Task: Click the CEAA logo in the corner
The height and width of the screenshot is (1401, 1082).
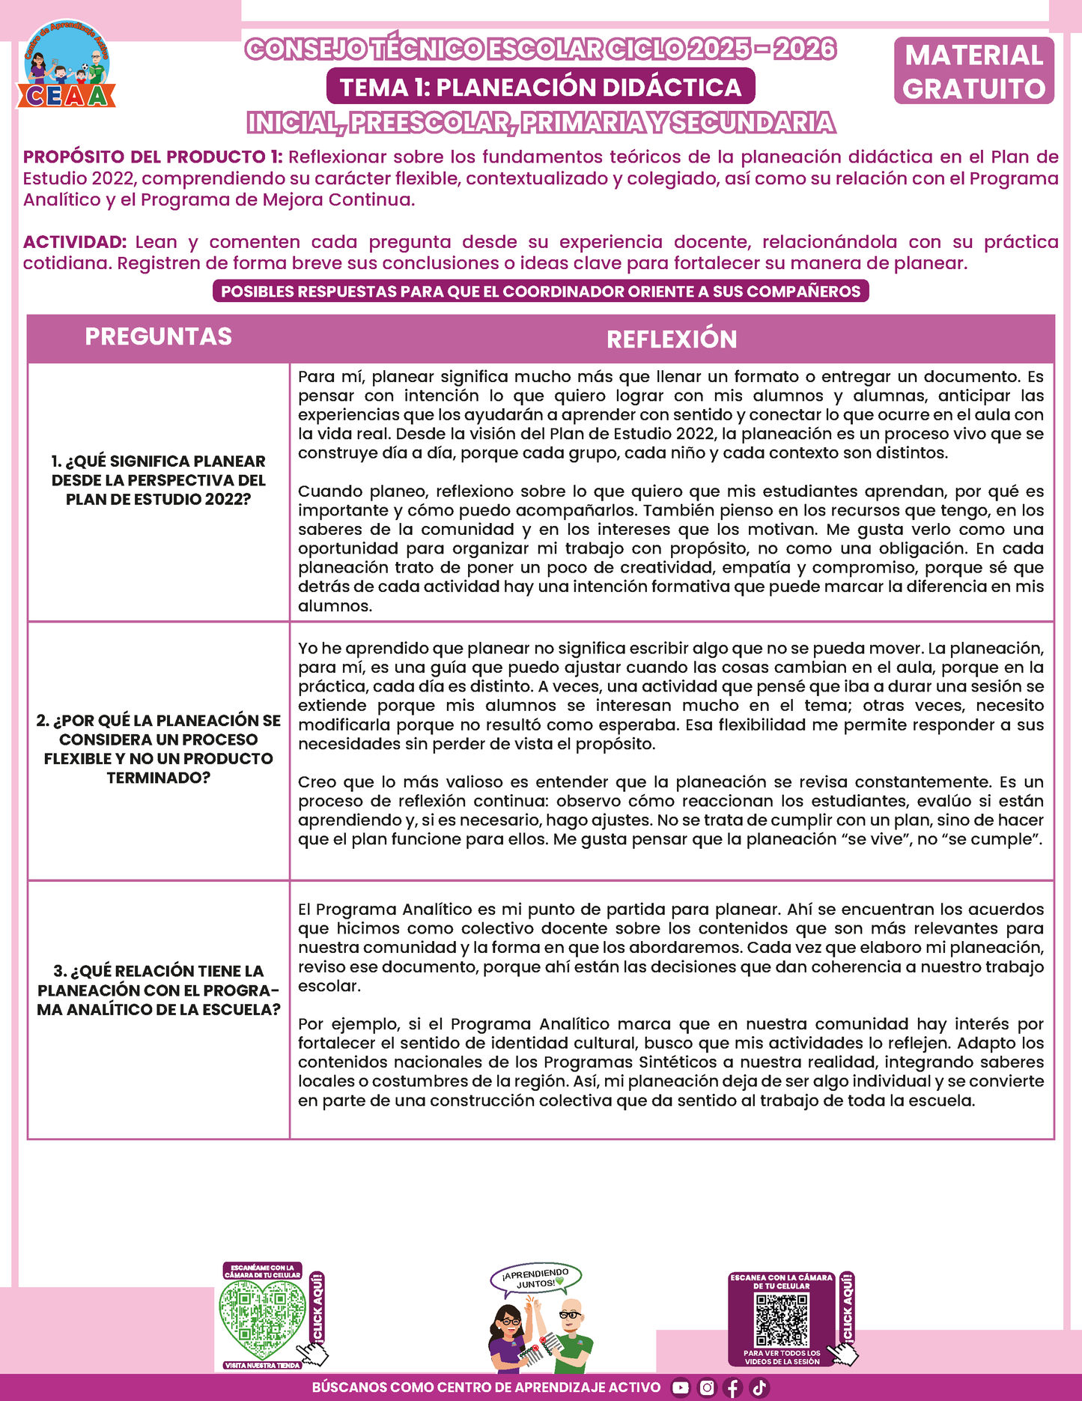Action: pos(67,66)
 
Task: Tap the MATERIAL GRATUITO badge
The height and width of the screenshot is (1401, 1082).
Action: pos(973,71)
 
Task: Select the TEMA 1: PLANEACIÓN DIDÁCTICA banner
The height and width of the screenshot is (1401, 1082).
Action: pos(541,87)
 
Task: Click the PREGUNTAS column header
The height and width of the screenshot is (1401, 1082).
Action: pos(158,337)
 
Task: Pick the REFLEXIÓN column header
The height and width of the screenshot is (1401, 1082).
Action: pos(672,339)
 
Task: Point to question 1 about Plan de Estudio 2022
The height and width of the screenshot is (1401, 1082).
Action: pos(158,480)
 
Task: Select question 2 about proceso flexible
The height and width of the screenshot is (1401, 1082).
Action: pos(158,748)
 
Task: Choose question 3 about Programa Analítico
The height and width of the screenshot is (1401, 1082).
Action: pos(158,990)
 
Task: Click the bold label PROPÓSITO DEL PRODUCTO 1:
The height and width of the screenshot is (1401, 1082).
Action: pos(153,157)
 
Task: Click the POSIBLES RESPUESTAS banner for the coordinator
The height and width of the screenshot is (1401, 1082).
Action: pos(541,291)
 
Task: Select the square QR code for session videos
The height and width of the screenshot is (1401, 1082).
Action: pos(782,1319)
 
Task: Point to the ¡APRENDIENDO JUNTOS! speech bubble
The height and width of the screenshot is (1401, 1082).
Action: pos(535,1278)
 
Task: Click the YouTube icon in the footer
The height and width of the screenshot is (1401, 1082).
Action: pos(680,1388)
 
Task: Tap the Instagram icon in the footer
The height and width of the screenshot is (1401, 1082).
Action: pos(707,1388)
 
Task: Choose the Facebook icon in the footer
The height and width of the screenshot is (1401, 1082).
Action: pos(733,1388)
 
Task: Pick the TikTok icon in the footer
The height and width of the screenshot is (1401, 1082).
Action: pos(759,1388)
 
